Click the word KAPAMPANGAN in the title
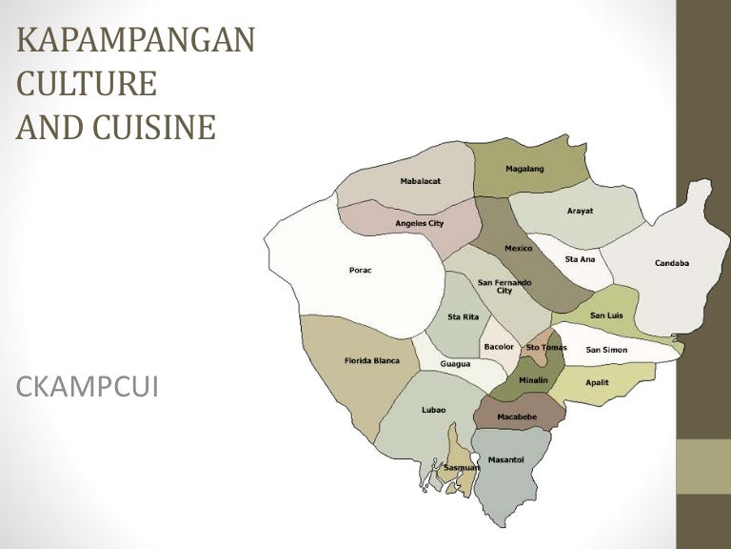tap(135, 43)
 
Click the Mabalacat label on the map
tap(420, 181)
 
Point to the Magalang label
tap(524, 169)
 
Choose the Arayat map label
tap(580, 211)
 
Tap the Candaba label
tap(672, 263)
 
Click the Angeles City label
tap(420, 223)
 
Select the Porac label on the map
tap(361, 270)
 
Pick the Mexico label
tap(519, 248)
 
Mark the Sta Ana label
tap(580, 258)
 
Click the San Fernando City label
tap(504, 286)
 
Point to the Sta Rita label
tap(463, 316)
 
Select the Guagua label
tap(455, 364)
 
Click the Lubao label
tap(433, 410)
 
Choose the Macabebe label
tap(518, 417)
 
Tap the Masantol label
tap(505, 459)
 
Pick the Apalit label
tap(597, 381)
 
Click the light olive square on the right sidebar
tap(703, 466)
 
